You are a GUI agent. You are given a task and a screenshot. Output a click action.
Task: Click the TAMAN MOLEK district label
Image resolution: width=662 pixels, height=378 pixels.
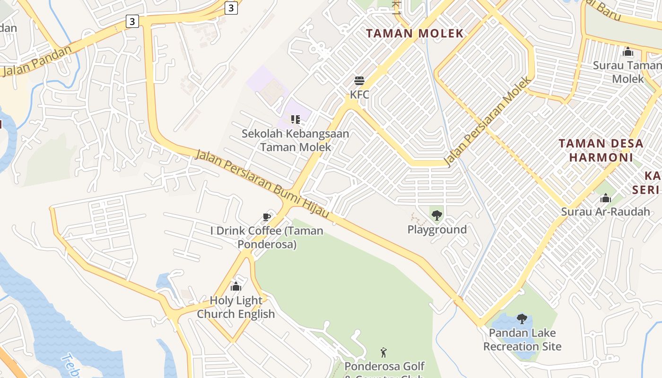coord(415,34)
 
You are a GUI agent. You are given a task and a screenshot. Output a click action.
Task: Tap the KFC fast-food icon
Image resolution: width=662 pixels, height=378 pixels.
coord(359,81)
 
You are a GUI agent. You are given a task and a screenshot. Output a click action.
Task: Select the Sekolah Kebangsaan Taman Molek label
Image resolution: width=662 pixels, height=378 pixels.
coord(296,140)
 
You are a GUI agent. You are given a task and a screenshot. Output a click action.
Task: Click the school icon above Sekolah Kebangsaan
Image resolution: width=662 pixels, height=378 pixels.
coord(296,119)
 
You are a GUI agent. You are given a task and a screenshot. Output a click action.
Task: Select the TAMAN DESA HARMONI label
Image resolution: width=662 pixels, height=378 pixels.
coord(601,150)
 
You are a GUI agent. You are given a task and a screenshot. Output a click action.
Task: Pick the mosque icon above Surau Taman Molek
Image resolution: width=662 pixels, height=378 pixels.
coord(628,52)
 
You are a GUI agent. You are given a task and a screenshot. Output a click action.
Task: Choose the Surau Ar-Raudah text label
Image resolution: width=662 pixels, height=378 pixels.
coord(606,212)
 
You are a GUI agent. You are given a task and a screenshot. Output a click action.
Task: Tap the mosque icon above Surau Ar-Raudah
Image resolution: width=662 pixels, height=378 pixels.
coord(606,198)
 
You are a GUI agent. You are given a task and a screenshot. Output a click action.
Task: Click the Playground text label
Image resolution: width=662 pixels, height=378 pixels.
coord(437,230)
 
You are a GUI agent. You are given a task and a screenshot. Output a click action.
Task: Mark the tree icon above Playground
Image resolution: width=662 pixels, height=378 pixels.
coord(437,215)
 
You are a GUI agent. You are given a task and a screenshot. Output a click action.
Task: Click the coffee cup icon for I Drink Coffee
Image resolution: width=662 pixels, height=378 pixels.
coord(267,217)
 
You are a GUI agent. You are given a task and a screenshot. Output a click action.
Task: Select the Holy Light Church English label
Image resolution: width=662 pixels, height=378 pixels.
coord(236,307)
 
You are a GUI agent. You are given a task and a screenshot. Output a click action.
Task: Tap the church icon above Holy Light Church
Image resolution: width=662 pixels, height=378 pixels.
coord(235,286)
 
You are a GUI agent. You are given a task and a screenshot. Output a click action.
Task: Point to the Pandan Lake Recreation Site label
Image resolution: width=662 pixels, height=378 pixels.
coord(522,340)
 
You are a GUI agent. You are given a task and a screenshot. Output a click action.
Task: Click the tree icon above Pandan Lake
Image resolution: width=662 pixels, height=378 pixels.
coord(522,318)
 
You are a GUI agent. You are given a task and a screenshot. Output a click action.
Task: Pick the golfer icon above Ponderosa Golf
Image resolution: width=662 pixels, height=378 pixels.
coord(383,352)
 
